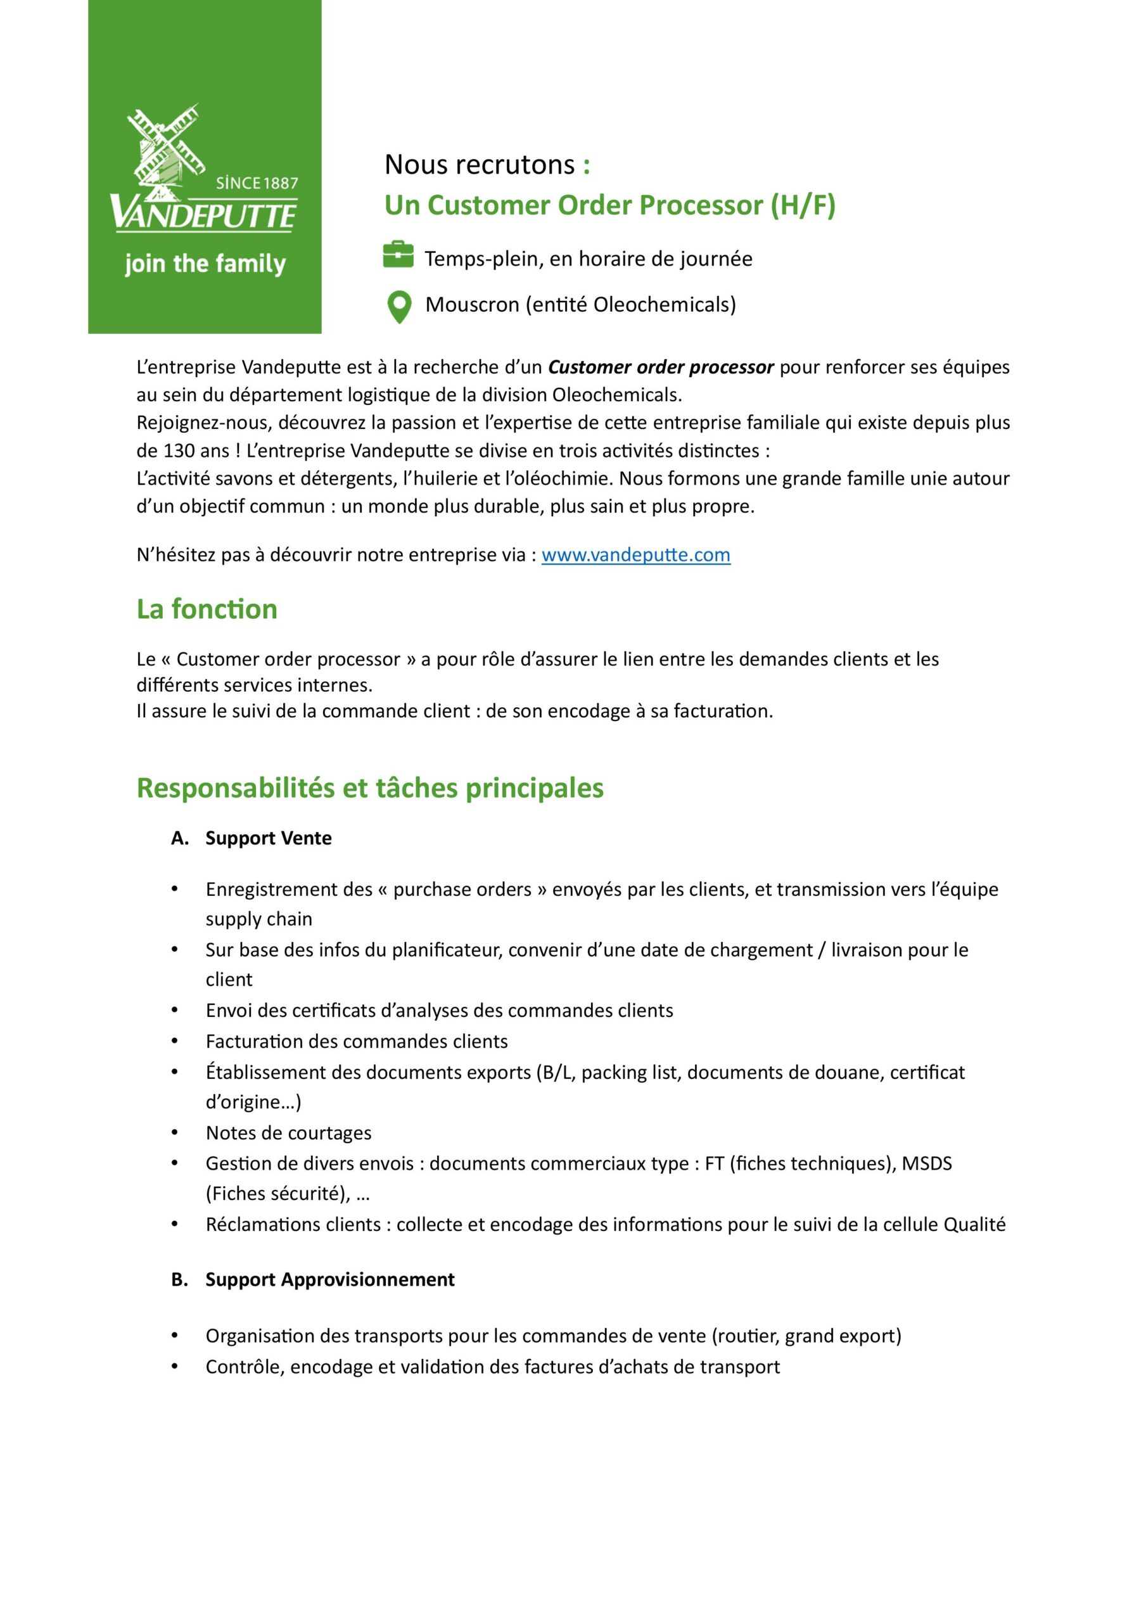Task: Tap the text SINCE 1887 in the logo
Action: [x=257, y=183]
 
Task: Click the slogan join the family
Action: [x=205, y=264]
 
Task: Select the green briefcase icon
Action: [x=398, y=255]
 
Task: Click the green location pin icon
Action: [x=399, y=307]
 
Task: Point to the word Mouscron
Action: [x=472, y=305]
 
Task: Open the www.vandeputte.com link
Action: [x=635, y=554]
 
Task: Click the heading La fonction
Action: [x=207, y=609]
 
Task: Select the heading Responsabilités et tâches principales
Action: [x=369, y=788]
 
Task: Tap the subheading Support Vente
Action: [x=269, y=838]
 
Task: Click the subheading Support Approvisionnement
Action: [x=330, y=1279]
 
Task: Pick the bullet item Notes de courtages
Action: [x=288, y=1132]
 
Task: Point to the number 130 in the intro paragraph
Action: [x=179, y=450]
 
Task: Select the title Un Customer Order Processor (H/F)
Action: [x=609, y=205]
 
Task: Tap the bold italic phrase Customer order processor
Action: [x=661, y=367]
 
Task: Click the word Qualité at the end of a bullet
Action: [x=974, y=1224]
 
